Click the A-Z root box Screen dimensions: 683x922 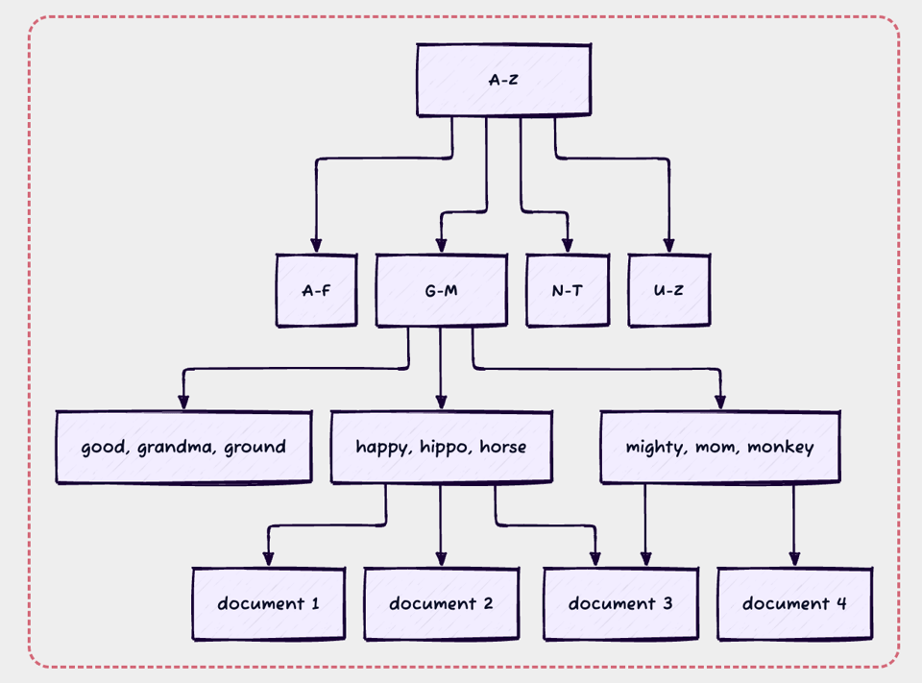503,80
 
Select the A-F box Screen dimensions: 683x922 316,290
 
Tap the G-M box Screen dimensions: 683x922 441,290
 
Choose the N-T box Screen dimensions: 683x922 567,290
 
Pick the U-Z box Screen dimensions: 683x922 668,290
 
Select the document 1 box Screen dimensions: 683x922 268,603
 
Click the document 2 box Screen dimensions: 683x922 441,603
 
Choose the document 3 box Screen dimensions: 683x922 620,603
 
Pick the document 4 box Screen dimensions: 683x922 794,603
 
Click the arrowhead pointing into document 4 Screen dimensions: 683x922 794,559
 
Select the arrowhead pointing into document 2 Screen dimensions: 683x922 441,559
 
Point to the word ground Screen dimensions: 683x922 255,447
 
